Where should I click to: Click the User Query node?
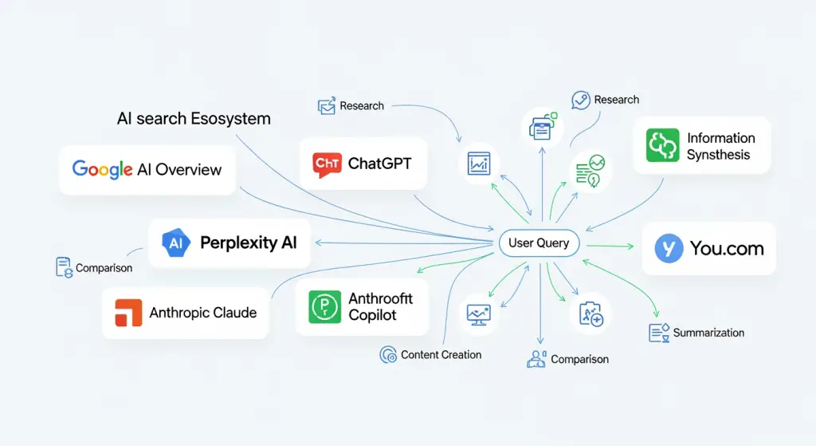[539, 243]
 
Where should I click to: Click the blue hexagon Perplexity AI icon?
[176, 243]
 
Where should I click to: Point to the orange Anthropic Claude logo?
[127, 313]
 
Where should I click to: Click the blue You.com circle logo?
[669, 249]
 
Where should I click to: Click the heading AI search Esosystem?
[194, 119]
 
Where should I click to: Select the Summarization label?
[708, 332]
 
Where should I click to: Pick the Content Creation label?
[441, 354]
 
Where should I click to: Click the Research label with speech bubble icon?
[616, 100]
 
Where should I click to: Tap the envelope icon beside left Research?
[327, 106]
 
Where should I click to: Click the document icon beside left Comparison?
[64, 267]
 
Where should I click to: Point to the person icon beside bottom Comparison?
[536, 359]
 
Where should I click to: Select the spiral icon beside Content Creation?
[388, 355]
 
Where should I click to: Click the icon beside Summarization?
[658, 333]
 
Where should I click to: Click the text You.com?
[727, 249]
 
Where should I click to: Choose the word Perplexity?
[237, 243]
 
